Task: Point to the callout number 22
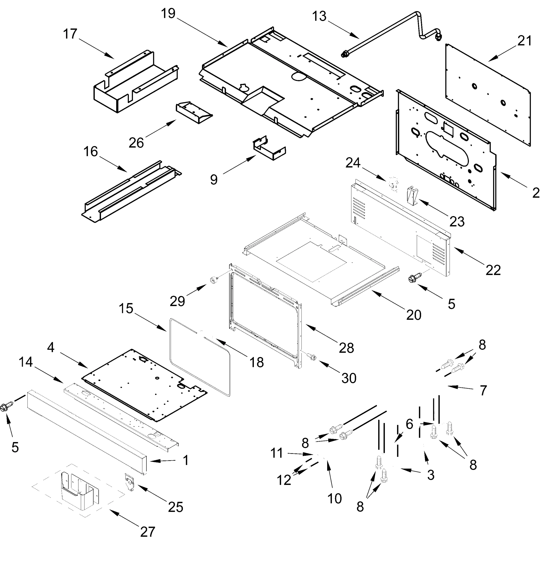pyautogui.click(x=493, y=270)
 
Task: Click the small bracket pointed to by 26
pyautogui.click(x=194, y=112)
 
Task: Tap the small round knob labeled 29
pyautogui.click(x=214, y=280)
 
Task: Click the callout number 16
pyautogui.click(x=90, y=152)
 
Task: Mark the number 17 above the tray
pyautogui.click(x=70, y=34)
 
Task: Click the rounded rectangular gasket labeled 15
pyautogui.click(x=172, y=349)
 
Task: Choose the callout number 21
pyautogui.click(x=525, y=41)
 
